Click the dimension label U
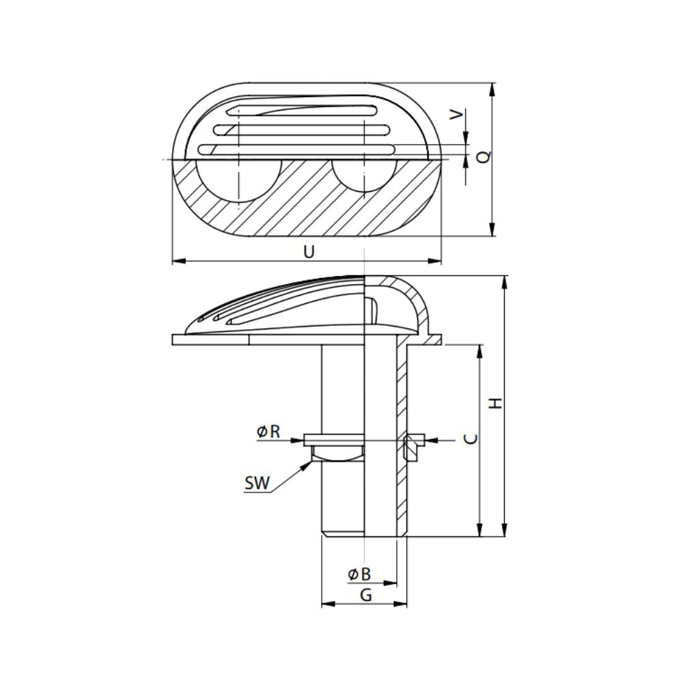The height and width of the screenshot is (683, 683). tap(309, 252)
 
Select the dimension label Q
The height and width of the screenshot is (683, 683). tap(484, 156)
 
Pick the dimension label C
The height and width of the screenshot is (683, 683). tap(471, 438)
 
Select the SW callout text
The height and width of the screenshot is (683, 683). tap(257, 484)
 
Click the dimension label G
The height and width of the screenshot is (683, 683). tap(365, 595)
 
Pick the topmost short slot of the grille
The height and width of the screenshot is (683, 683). tap(305, 111)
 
